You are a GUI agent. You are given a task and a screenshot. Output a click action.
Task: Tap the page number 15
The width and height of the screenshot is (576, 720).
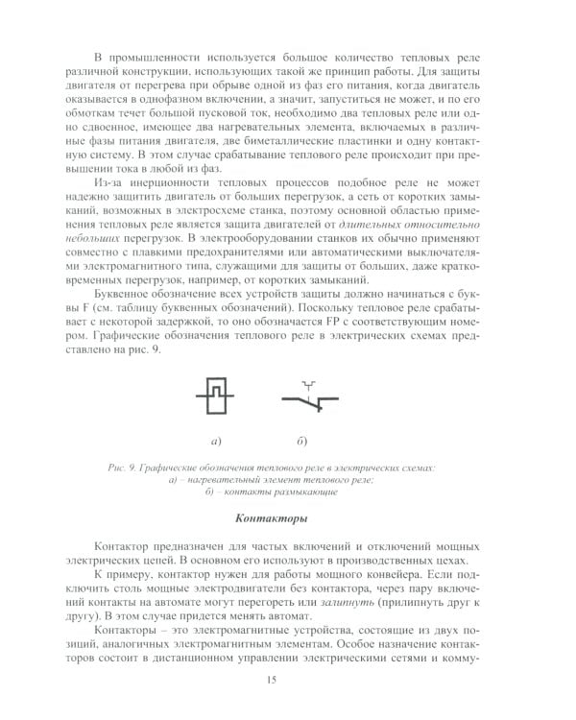(x=273, y=681)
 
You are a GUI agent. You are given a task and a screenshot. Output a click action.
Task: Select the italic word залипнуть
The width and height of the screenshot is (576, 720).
(x=346, y=600)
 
